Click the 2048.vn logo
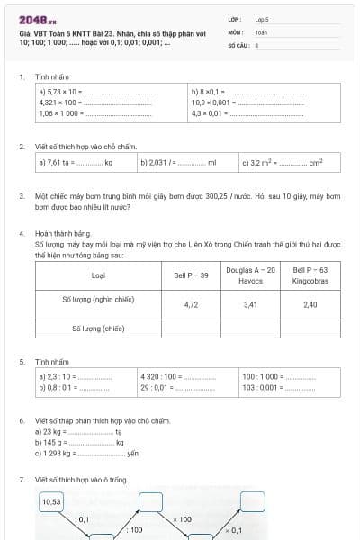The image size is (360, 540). [x=36, y=20]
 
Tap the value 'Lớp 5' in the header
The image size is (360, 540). [x=262, y=18]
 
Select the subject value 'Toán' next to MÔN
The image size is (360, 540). [x=261, y=31]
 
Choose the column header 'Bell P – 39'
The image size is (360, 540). [x=191, y=274]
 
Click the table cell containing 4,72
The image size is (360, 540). [x=191, y=304]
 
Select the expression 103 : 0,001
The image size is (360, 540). [x=261, y=387]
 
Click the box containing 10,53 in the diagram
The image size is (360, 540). [x=52, y=501]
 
